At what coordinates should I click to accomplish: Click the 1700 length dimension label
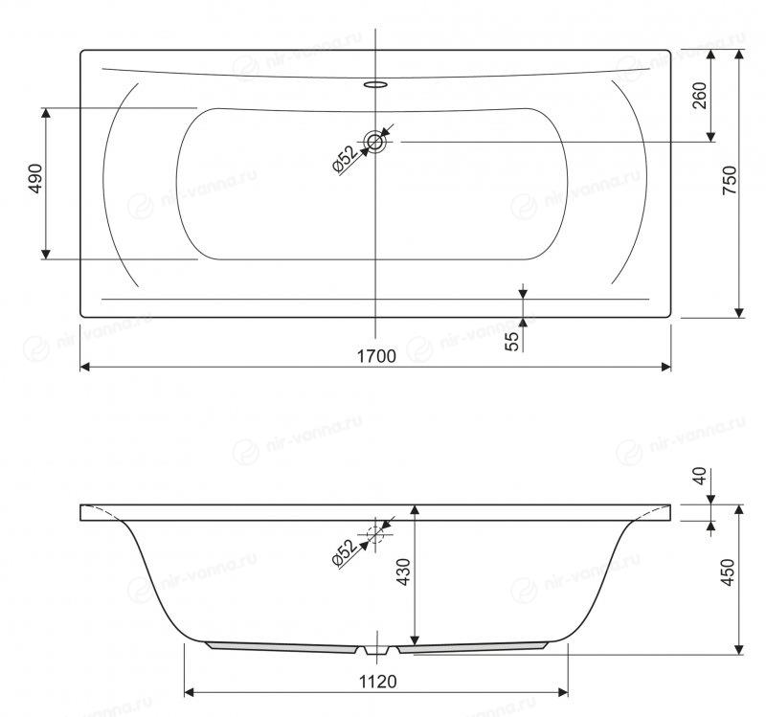click(376, 356)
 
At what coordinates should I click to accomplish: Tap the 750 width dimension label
click(730, 181)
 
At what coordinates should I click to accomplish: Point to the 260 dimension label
click(700, 96)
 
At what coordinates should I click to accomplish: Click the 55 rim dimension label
click(511, 342)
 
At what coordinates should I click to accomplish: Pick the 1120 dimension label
click(377, 682)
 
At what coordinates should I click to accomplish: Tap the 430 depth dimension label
click(404, 571)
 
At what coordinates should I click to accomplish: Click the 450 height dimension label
click(728, 572)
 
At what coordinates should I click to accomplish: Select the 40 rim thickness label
click(700, 476)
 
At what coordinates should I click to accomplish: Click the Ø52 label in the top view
click(345, 159)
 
